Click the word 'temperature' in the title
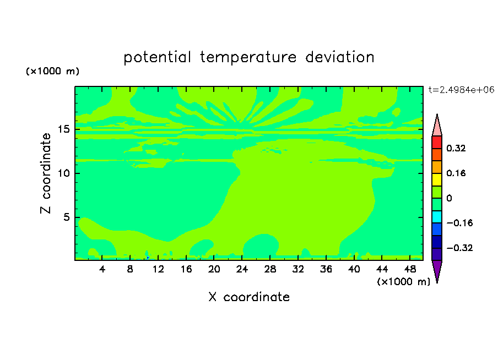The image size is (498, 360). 248,58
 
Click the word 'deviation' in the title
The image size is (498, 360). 340,57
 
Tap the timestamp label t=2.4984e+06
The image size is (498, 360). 461,90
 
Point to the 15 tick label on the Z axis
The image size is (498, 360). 64,129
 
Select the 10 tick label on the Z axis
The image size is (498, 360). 64,173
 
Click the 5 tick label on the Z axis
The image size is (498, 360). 66,217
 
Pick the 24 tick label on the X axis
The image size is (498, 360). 242,269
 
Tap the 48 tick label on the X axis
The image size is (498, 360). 410,269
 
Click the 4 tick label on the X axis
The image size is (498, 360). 102,269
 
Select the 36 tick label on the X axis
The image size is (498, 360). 326,269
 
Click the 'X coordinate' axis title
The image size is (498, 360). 249,297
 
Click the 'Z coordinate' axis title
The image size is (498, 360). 46,173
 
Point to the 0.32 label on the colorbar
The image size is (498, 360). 456,148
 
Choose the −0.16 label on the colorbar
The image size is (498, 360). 459,223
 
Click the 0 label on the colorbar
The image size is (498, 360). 449,198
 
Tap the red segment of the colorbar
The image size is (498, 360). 437,142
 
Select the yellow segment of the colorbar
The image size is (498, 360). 437,179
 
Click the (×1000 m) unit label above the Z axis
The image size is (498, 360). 52,71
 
